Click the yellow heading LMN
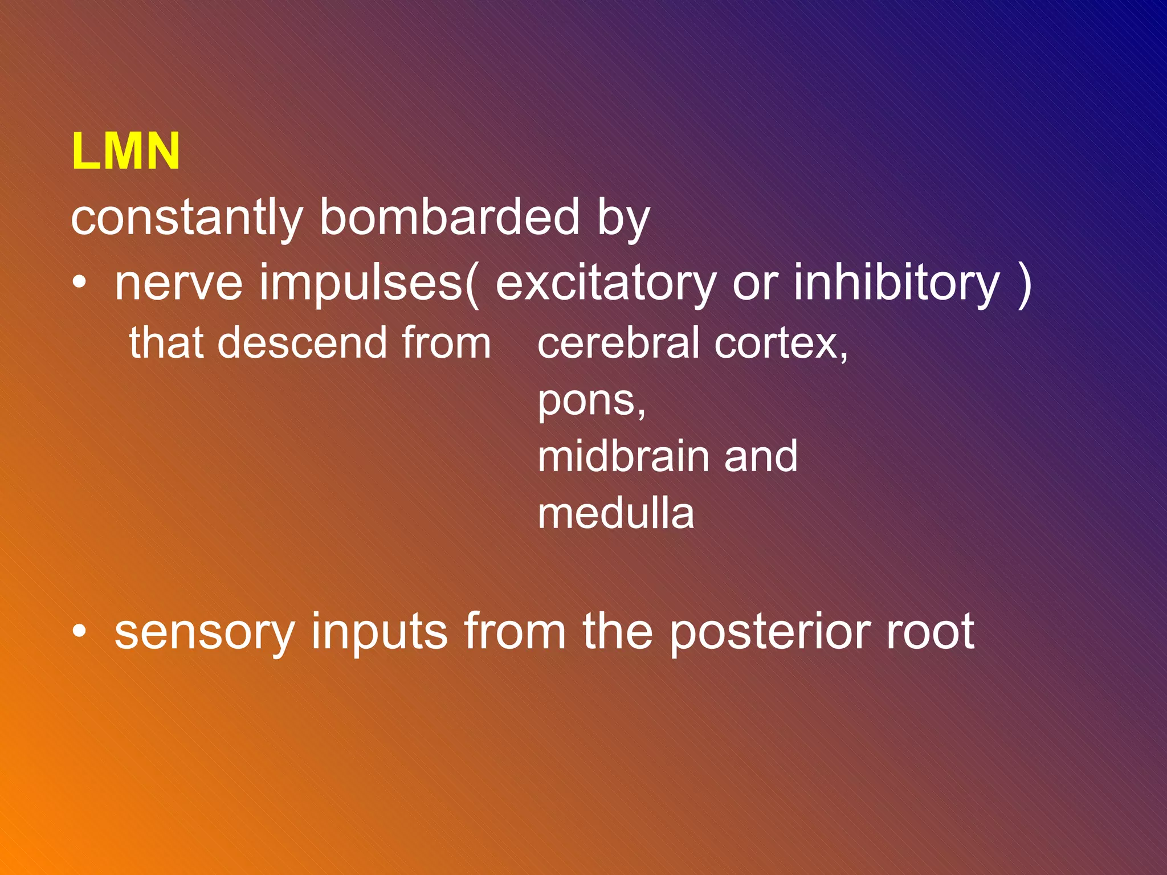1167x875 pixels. pyautogui.click(x=125, y=152)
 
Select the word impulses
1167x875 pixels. pyautogui.click(x=360, y=283)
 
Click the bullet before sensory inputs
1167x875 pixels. pyautogui.click(x=80, y=632)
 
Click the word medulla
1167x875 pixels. pyautogui.click(x=616, y=514)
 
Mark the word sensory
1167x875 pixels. pyautogui.click(x=204, y=633)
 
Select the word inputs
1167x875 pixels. pyautogui.click(x=379, y=633)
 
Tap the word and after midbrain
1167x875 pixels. pyautogui.click(x=761, y=457)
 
